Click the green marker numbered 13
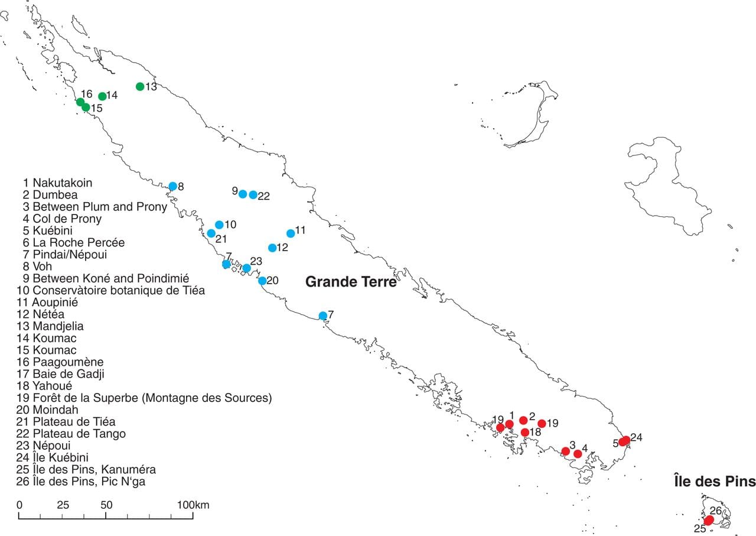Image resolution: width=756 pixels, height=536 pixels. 140,86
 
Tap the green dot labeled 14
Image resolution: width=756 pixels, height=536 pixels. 102,96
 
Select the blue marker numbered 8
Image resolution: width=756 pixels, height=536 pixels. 172,186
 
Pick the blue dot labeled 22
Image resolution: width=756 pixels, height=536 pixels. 253,195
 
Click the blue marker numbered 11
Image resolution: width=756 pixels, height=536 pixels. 290,233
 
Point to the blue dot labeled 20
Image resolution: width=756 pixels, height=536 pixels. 262,281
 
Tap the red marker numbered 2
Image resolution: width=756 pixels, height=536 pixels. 523,420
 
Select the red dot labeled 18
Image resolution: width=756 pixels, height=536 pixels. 525,432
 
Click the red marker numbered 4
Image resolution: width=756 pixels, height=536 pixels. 578,454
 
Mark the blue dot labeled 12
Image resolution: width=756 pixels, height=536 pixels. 272,248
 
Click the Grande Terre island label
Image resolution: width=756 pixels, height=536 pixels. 350,282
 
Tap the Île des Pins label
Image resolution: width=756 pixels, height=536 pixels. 714,482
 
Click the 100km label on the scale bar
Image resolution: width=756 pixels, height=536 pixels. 193,505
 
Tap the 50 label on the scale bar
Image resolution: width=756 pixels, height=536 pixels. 106,505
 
